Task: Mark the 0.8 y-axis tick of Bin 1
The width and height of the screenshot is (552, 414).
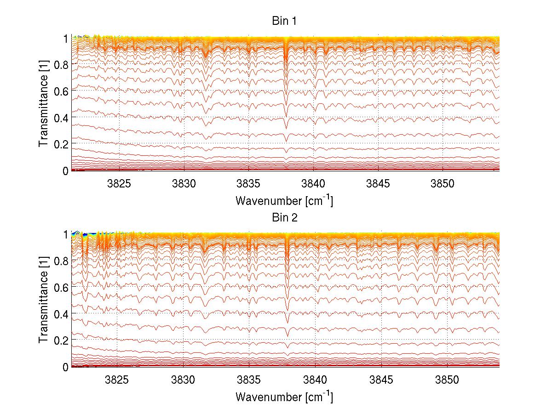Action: coord(62,65)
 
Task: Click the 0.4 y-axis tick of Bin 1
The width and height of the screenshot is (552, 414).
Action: coord(62,118)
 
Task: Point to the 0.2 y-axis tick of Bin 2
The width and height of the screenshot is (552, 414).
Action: coord(62,340)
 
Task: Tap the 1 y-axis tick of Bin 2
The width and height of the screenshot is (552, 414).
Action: coord(66,234)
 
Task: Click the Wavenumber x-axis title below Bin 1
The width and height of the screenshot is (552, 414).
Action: coord(284,201)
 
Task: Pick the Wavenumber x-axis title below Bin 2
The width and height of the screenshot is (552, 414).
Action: coord(284,397)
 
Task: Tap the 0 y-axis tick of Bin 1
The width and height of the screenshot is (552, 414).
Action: coord(66,170)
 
